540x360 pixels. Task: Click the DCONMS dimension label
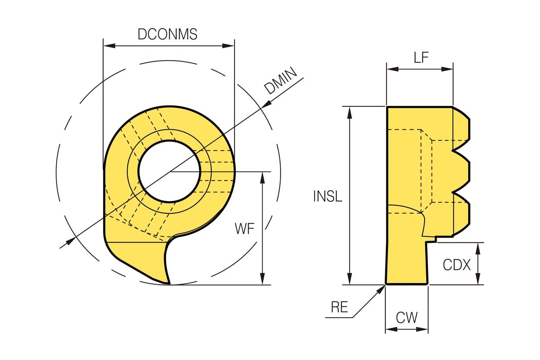[x=167, y=34]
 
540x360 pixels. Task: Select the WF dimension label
[x=245, y=229]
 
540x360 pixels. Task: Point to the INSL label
[x=327, y=196]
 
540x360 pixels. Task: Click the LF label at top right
[x=421, y=58]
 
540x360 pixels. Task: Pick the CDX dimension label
[x=456, y=265]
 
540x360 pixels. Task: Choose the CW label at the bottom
[x=406, y=317]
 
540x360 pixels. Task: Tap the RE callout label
[x=339, y=307]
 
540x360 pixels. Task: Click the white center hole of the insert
[x=169, y=171]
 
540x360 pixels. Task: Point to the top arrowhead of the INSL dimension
[x=349, y=112]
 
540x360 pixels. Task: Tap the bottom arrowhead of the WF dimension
[x=262, y=279]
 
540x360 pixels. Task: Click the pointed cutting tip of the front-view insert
[x=169, y=283]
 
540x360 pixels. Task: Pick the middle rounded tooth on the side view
[x=463, y=171]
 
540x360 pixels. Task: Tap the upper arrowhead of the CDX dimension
[x=478, y=248]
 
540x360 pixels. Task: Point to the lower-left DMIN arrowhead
[x=71, y=241]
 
